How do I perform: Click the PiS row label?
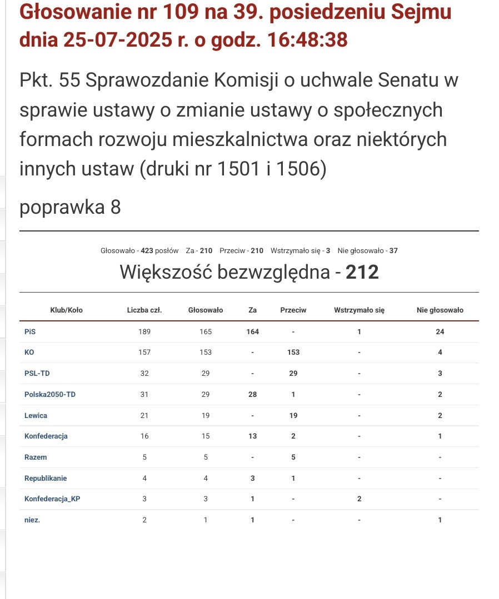(31, 331)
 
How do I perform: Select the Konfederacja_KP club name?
(52, 499)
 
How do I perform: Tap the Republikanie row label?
(46, 478)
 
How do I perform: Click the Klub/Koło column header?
(66, 310)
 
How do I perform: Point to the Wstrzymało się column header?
(359, 310)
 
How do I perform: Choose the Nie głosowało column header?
(440, 310)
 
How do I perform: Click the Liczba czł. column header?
(144, 310)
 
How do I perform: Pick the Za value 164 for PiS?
(253, 331)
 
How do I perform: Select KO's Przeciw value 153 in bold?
(293, 352)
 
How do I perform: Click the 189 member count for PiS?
(144, 331)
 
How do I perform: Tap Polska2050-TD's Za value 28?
(253, 394)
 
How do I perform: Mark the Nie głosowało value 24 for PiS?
(440, 331)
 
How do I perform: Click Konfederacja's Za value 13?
(253, 436)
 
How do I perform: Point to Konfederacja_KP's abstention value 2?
(359, 499)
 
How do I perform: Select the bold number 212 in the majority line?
(362, 272)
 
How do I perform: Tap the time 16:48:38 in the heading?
(307, 40)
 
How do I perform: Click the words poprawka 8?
(70, 207)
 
